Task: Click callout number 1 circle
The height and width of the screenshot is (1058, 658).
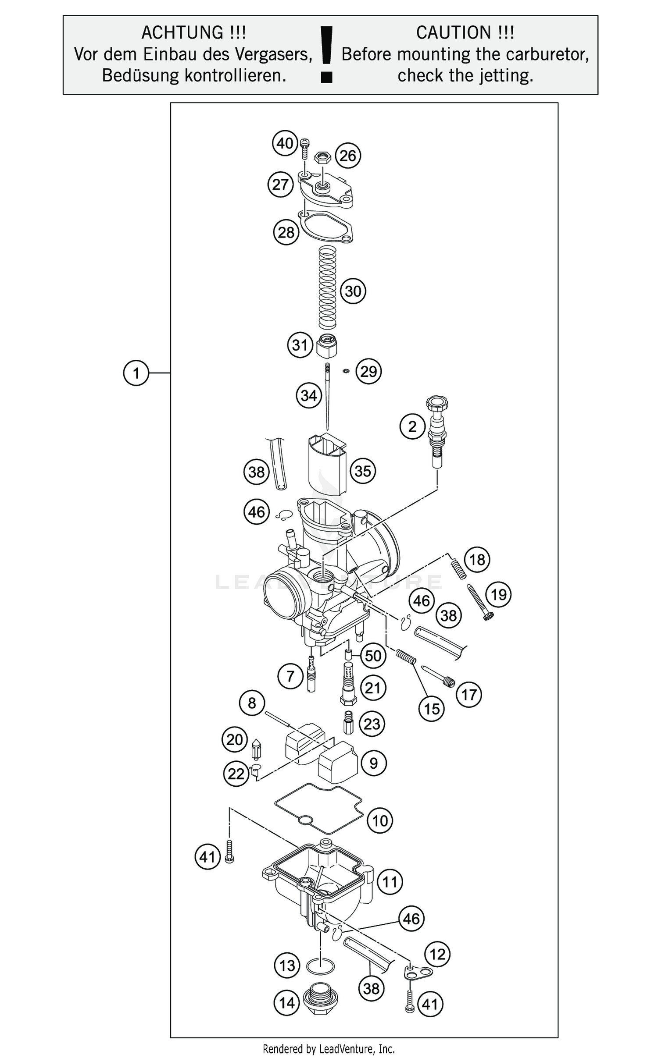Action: [x=136, y=373]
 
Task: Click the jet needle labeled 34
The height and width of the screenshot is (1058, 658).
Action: [x=327, y=397]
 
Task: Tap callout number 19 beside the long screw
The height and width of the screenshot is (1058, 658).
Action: [x=499, y=595]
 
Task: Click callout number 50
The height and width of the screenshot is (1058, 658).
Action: [x=373, y=656]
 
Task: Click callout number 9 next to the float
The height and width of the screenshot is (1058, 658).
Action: [x=373, y=763]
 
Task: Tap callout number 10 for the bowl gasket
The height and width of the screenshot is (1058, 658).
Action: [x=380, y=820]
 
